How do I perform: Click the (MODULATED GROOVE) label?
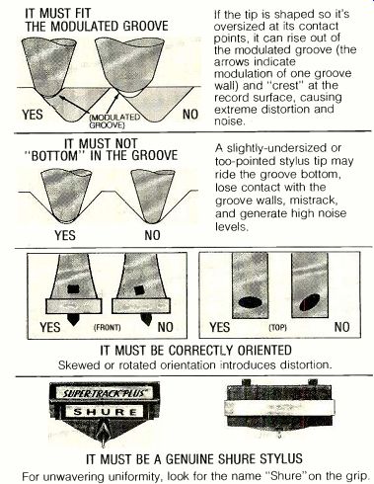[x=114, y=121]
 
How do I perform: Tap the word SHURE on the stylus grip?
[x=105, y=412]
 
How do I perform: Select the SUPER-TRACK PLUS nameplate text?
[x=103, y=393]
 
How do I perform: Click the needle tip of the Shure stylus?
[x=103, y=444]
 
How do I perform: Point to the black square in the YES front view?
[x=74, y=289]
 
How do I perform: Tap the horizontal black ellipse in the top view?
[x=250, y=302]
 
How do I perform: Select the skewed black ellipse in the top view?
[x=310, y=302]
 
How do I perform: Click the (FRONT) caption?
[x=108, y=328]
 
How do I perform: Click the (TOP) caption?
[x=278, y=328]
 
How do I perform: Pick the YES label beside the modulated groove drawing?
[x=33, y=115]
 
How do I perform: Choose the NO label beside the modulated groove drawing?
[x=190, y=115]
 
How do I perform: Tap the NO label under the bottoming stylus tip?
[x=152, y=235]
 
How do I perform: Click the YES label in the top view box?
[x=220, y=327]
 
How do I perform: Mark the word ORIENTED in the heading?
[x=264, y=350]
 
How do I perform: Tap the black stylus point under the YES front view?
[x=74, y=319]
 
